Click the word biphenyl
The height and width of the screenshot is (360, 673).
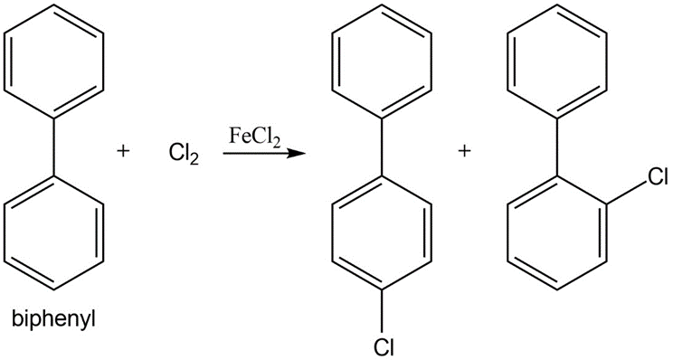53,320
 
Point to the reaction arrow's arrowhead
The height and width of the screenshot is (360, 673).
296,153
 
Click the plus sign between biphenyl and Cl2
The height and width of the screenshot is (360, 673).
123,151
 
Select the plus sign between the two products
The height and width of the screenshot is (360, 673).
464,151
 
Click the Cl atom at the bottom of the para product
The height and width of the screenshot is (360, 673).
383,348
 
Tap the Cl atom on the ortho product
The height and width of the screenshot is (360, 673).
658,176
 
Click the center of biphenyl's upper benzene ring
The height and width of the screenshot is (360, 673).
53,61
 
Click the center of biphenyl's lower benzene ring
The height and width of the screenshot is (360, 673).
53,232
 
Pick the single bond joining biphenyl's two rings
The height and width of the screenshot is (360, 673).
53,147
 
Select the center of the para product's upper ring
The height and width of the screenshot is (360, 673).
382,61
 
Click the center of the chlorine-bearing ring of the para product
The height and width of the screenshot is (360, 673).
382,232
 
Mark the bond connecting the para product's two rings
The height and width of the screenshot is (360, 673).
382,147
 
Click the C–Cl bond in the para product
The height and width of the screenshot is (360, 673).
382,314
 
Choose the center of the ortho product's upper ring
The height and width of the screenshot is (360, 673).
557,61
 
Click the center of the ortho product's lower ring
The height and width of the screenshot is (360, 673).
557,232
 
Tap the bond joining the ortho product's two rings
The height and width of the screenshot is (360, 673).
557,147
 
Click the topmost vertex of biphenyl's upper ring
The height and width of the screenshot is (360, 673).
53,5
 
